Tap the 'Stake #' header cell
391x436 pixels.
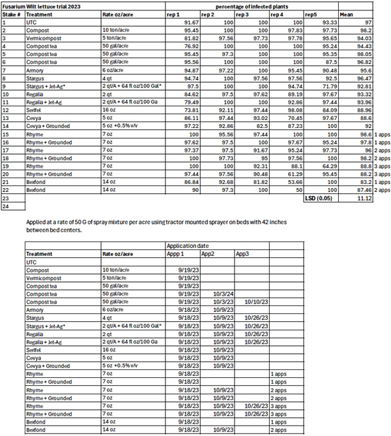[12, 14]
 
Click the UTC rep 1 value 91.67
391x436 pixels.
[189, 22]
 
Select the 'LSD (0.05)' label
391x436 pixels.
[321, 197]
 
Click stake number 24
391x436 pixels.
[6, 205]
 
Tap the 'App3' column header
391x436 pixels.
[242, 253]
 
